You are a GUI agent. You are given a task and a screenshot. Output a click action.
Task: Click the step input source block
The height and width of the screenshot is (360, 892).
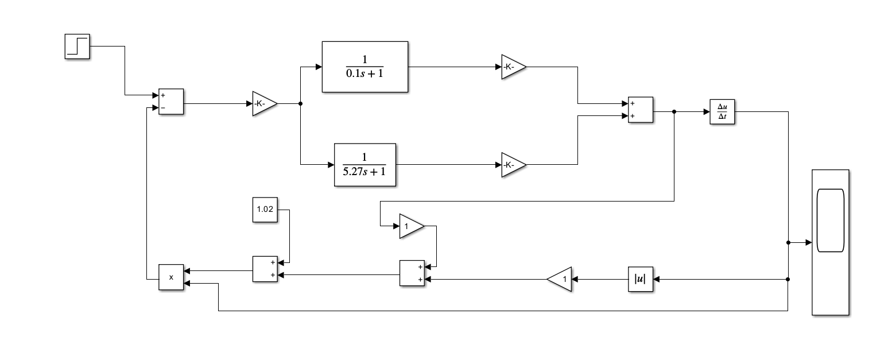point(77,47)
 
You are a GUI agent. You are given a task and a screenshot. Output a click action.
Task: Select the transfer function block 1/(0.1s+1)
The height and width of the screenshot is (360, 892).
point(365,67)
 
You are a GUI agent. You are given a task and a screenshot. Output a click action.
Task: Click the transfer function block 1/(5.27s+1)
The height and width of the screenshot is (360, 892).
point(365,165)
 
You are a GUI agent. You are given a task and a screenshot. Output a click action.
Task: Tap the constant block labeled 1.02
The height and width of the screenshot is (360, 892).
point(264,210)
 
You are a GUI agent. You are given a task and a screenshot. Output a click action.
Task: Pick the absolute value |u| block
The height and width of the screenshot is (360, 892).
point(640,279)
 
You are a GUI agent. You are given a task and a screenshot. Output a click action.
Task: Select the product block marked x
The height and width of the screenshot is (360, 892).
point(171,277)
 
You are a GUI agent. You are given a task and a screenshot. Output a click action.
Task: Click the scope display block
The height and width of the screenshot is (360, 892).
point(830,242)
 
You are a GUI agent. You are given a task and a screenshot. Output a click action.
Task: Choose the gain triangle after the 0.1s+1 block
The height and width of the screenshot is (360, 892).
point(512,67)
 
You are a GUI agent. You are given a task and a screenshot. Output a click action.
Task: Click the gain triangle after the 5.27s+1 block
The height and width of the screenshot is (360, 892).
point(512,165)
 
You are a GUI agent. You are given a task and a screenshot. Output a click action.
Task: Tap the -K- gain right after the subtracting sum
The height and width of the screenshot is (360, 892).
point(263,104)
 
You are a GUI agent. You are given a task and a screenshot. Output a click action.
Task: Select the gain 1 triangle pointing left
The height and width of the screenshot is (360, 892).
point(561,279)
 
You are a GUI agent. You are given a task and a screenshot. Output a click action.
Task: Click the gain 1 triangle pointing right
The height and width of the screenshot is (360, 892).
point(410,226)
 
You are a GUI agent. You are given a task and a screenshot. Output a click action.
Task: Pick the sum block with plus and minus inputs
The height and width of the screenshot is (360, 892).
point(171,102)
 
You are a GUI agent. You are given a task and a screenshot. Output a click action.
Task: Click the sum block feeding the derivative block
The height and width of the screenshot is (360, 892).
point(641,110)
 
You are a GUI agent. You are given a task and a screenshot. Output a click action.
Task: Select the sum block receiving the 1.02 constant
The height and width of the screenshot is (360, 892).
point(265,269)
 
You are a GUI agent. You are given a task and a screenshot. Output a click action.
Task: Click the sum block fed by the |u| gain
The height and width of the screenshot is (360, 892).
point(412,273)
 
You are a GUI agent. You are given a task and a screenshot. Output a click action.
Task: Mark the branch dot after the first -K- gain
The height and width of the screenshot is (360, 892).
point(300,104)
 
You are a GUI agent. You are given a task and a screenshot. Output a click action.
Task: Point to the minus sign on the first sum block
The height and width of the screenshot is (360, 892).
point(163,108)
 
